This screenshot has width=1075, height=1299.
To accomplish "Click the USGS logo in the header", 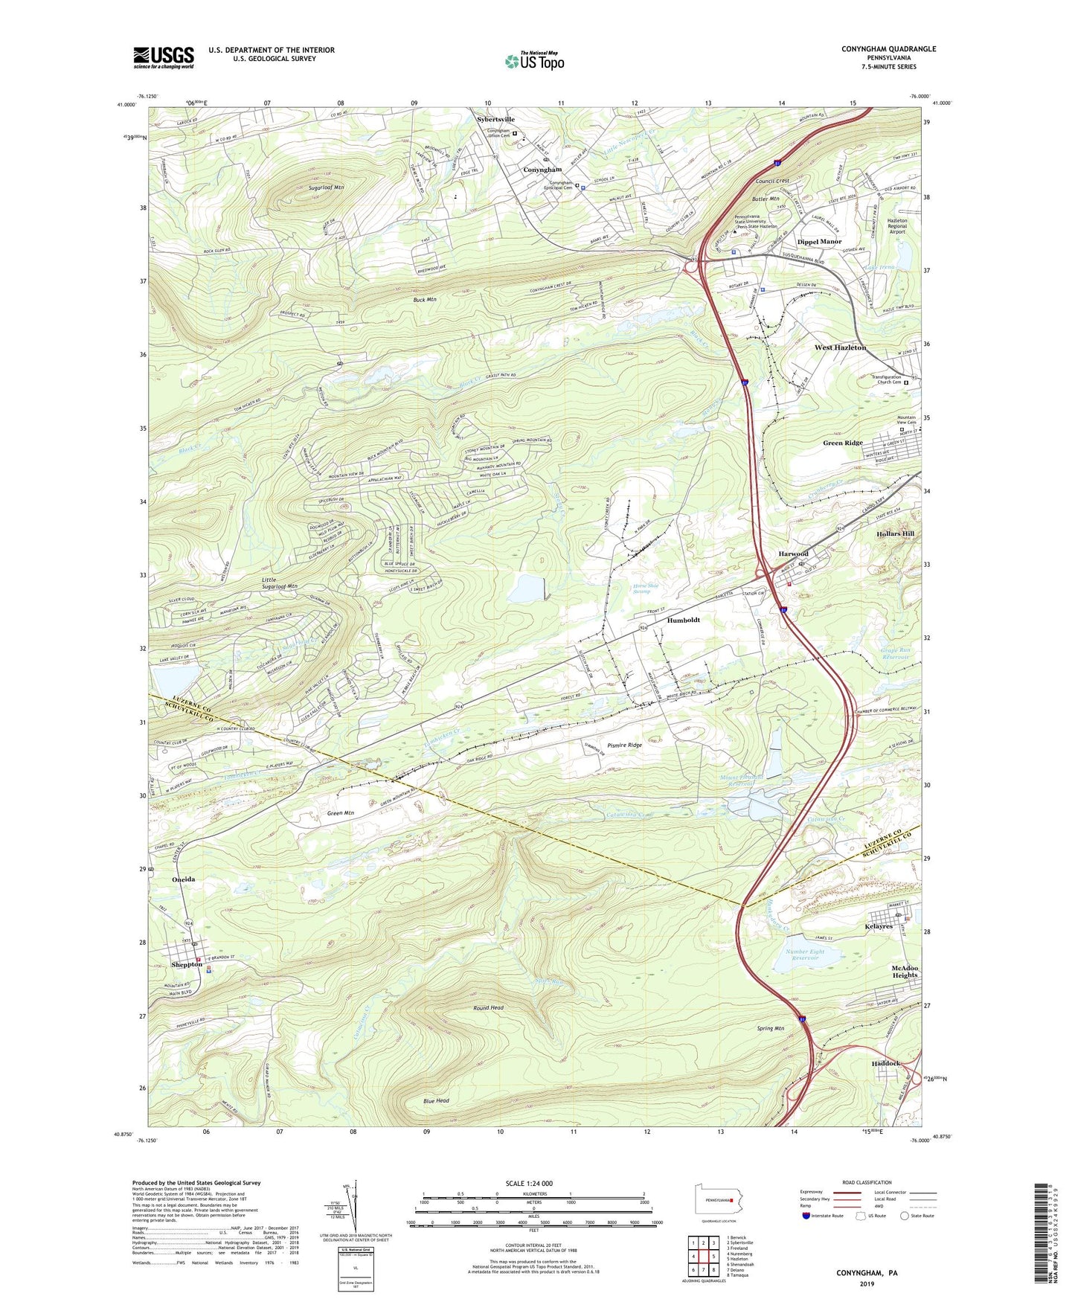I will (x=164, y=57).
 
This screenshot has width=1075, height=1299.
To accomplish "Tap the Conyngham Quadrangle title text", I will (x=888, y=49).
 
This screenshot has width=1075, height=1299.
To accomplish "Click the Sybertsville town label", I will (x=495, y=119).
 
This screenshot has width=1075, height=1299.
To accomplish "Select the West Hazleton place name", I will (x=840, y=347).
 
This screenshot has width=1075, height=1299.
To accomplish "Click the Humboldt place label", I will (x=683, y=620).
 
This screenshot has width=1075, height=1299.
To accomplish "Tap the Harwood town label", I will (x=793, y=554).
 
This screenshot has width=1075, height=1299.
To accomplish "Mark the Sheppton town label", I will (x=187, y=964).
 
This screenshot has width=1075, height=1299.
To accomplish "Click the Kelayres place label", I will (x=878, y=926).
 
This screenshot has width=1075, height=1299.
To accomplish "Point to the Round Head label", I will (x=488, y=1007).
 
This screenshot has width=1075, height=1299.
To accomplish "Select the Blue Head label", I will (x=436, y=1100).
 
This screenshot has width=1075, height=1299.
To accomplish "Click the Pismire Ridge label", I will (x=625, y=745).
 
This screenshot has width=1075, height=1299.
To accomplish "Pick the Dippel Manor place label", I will (x=819, y=242).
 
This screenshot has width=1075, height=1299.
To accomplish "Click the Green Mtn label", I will (x=340, y=813).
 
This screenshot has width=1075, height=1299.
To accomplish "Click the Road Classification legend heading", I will (x=867, y=1182).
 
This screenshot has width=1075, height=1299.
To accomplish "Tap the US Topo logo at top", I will (x=533, y=60).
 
